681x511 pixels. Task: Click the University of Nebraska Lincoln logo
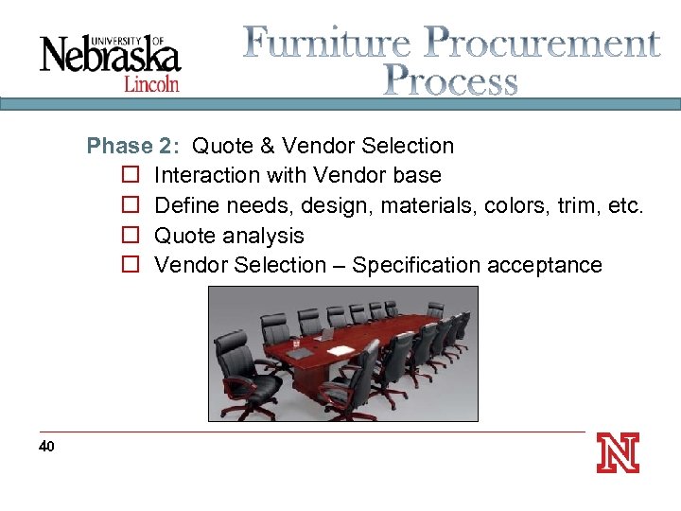click(x=110, y=59)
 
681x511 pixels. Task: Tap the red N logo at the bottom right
click(x=618, y=452)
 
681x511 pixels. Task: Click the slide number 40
click(x=47, y=446)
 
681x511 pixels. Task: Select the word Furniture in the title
click(x=327, y=43)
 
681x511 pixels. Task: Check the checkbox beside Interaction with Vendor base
click(x=131, y=176)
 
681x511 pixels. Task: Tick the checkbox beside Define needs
click(x=131, y=205)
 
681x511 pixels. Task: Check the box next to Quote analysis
click(x=131, y=236)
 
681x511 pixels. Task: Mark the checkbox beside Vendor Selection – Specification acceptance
click(x=131, y=265)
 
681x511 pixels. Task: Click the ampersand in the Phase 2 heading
click(x=268, y=146)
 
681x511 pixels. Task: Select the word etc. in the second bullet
click(x=623, y=205)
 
